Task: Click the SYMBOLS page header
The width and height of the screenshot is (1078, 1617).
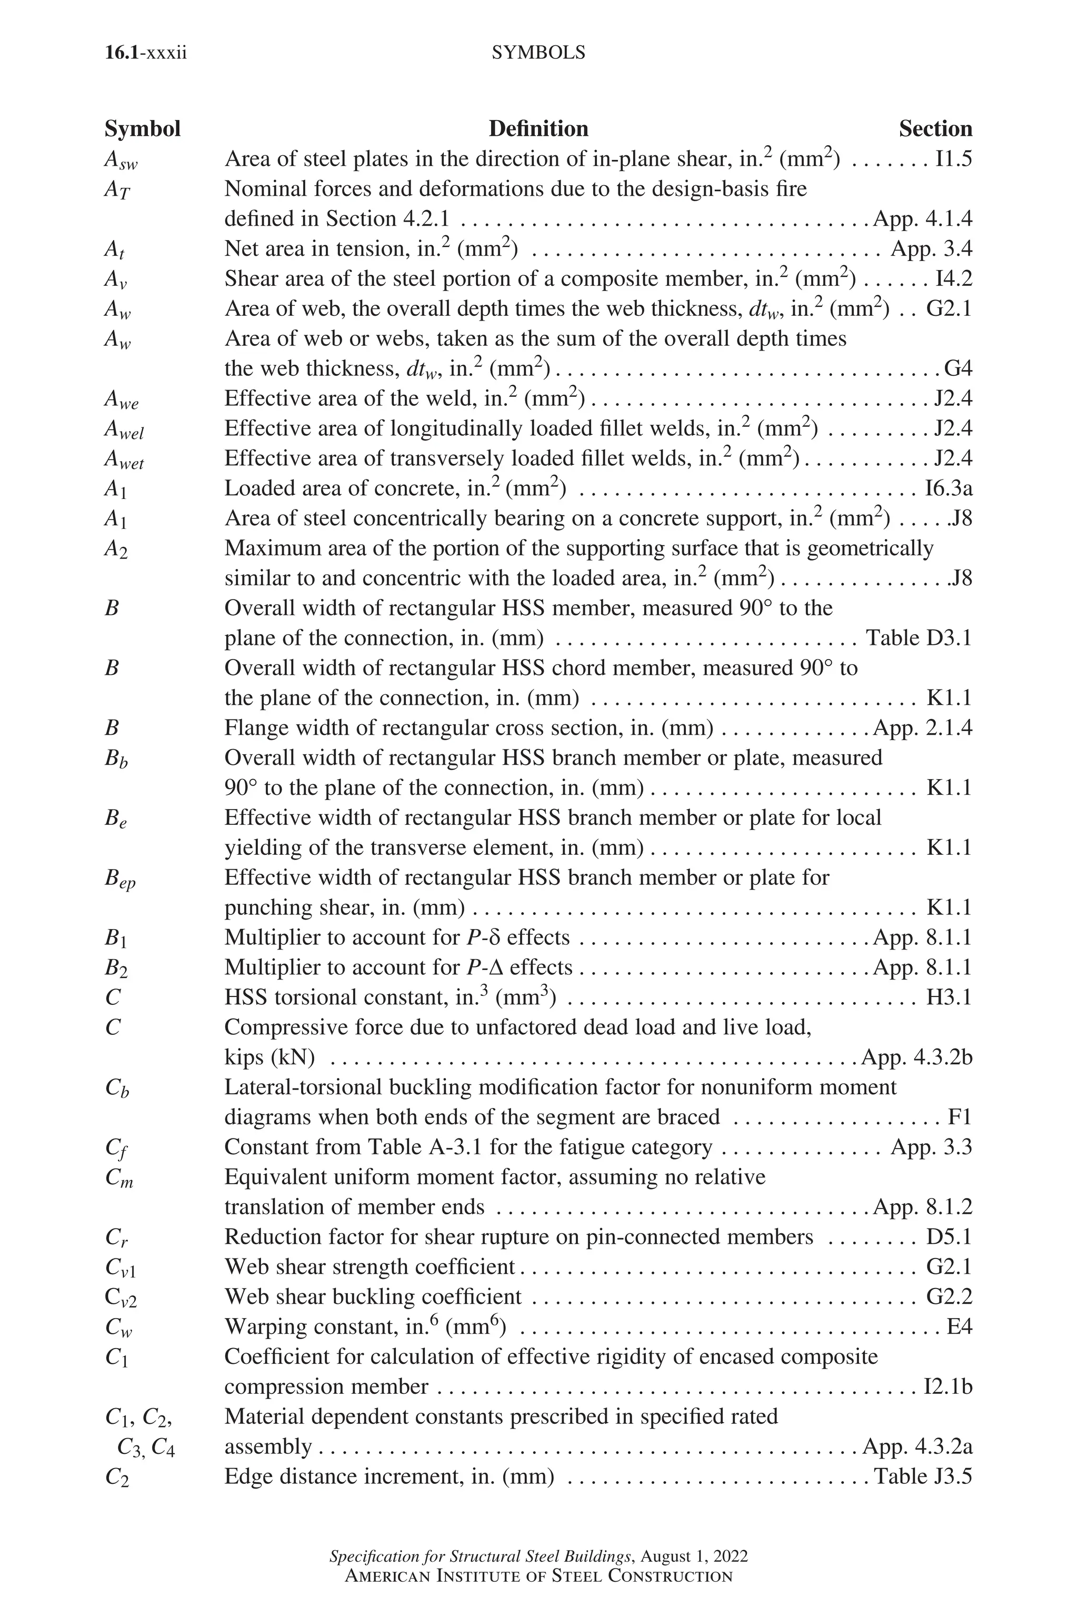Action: click(538, 53)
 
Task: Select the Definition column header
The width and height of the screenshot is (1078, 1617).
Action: click(538, 128)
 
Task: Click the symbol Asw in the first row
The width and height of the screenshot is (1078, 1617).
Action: click(121, 160)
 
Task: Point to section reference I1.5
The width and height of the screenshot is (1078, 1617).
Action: click(954, 159)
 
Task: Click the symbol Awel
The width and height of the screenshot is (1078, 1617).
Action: click(124, 430)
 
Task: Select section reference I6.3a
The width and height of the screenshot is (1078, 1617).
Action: click(948, 489)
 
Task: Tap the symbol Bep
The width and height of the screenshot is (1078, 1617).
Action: click(121, 880)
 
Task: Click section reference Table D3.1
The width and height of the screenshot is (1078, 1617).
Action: click(919, 638)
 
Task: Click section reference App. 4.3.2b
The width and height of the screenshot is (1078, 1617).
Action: click(916, 1057)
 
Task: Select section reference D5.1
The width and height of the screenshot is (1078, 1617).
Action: click(949, 1237)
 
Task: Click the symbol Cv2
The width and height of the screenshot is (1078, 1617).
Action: click(121, 1297)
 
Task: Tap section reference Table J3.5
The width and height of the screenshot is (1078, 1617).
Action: click(923, 1477)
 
